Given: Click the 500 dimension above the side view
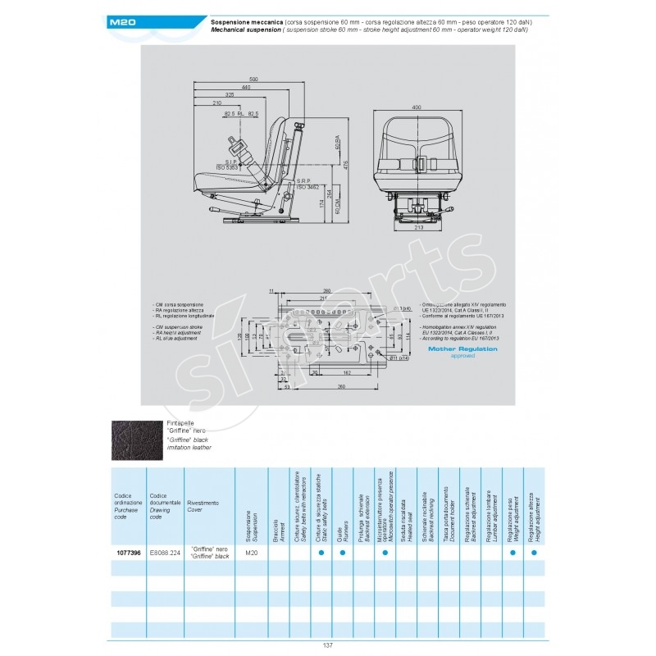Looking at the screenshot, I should (x=254, y=78).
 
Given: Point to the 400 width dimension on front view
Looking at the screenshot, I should (x=417, y=107).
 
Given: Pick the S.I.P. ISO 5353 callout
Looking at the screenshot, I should (x=232, y=165).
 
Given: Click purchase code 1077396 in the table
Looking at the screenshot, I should (x=127, y=553).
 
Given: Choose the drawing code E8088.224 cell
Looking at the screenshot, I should (x=164, y=553).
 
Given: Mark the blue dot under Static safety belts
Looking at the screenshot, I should (x=321, y=553).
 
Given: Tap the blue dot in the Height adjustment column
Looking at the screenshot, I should (x=534, y=553).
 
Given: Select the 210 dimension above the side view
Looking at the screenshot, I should (x=217, y=103).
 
